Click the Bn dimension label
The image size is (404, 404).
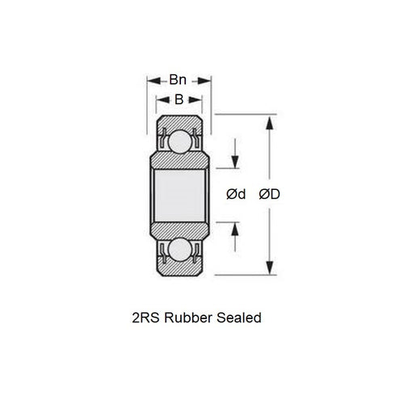coord(179,80)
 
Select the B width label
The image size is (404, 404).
coord(179,99)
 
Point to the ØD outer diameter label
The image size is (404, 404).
coord(271,194)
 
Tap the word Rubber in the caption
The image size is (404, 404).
coord(187,318)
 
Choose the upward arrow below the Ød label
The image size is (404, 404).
coord(235,227)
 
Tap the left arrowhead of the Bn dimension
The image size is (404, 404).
coord(150,80)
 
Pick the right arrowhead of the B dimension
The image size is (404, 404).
coord(199,99)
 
